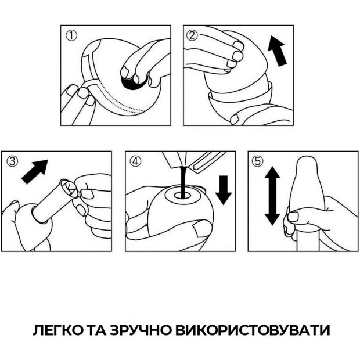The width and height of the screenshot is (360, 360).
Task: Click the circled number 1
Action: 71,36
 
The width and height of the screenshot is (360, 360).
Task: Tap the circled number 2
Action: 192,36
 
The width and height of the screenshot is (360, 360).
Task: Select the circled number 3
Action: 12,161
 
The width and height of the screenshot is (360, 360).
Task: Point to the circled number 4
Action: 135,161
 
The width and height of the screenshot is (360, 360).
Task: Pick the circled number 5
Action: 258,161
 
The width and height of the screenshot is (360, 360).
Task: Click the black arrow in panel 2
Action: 278,51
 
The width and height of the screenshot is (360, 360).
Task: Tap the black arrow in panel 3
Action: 35,172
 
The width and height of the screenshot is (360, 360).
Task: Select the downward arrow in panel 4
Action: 224,190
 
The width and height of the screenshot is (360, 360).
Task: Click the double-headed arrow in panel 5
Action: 272,196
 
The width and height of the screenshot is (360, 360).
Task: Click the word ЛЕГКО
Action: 58,330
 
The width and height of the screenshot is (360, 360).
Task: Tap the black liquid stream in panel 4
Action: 183,182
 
